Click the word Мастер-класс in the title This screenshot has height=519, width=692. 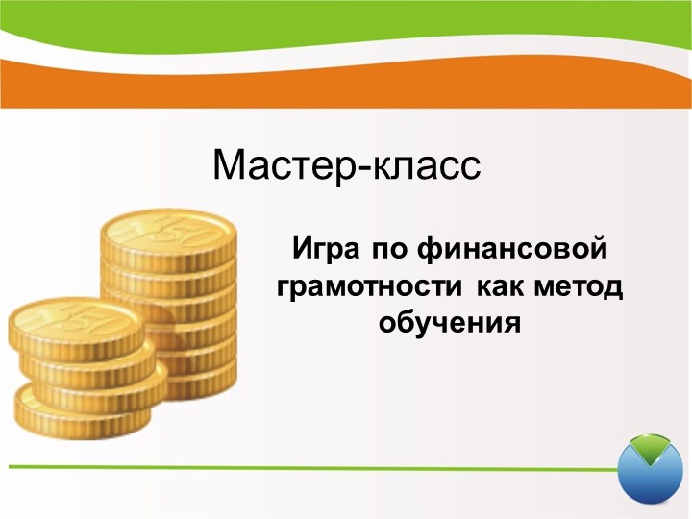tap(346, 165)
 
